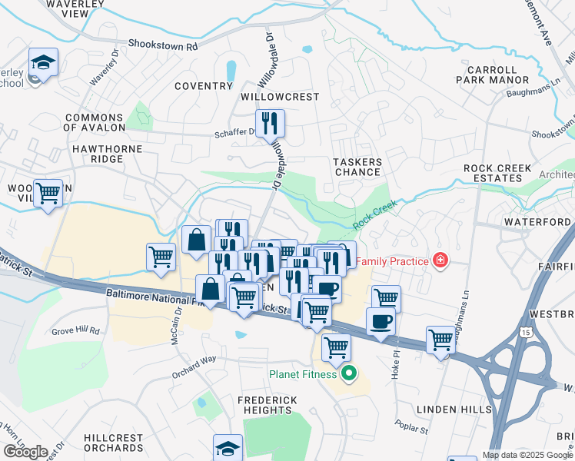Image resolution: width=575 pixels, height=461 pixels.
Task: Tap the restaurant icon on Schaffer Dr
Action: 270,123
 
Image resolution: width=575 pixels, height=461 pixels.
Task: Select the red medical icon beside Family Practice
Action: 440,261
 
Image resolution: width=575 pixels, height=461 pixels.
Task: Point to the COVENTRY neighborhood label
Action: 203,86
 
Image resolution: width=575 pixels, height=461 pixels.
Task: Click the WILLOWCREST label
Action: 280,98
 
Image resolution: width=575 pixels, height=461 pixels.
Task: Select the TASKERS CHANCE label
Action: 357,167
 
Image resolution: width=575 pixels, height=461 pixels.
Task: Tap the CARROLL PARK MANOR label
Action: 492,75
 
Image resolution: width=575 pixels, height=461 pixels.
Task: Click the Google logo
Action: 25,451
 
